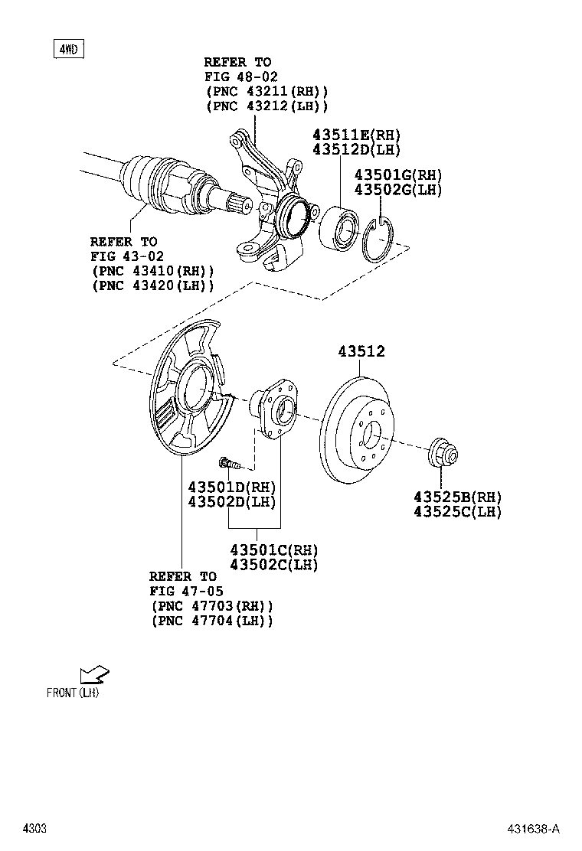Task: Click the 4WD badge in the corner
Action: click(68, 50)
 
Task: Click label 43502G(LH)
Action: click(397, 191)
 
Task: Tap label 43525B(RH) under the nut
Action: click(457, 497)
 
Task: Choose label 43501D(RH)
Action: click(232, 487)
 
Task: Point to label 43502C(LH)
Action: click(274, 565)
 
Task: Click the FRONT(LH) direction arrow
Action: click(95, 674)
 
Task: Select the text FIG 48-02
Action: click(240, 77)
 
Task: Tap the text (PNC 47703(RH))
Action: click(211, 605)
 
